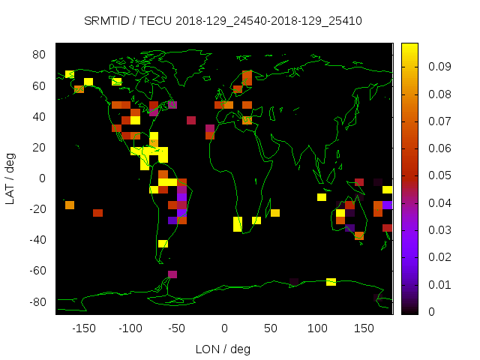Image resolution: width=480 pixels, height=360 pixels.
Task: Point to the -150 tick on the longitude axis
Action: tap(84, 328)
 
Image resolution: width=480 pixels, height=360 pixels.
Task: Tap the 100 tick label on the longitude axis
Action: tap(318, 328)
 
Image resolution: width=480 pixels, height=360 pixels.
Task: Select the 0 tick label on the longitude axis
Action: tap(224, 328)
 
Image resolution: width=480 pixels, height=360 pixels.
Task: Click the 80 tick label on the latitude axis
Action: tap(40, 55)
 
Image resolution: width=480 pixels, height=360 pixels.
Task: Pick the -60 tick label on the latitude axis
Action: tap(37, 271)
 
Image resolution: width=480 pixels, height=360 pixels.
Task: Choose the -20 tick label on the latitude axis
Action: tap(37, 209)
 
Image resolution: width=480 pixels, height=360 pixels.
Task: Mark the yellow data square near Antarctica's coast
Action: tap(331, 282)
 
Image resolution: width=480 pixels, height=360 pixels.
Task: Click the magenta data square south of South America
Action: tap(172, 274)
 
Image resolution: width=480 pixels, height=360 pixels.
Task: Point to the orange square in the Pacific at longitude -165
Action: tap(70, 205)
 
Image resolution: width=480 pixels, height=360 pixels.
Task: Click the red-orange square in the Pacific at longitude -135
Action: tap(97, 213)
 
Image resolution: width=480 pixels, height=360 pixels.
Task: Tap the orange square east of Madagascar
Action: tap(275, 213)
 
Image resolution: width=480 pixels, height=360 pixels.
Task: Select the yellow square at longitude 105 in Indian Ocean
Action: tap(322, 197)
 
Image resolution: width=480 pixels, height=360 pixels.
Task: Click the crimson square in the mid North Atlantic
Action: tap(191, 120)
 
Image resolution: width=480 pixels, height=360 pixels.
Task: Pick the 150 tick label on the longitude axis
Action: tap(364, 328)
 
